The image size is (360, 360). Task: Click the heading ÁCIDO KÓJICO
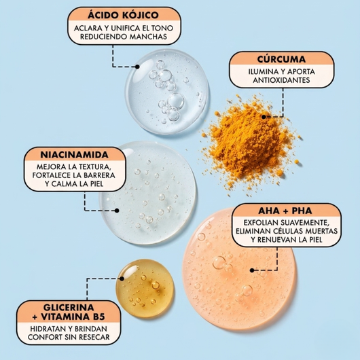[123, 15]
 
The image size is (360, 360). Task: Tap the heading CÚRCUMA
[281, 59]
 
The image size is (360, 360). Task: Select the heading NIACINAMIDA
[75, 154]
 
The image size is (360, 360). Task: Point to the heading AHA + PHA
[285, 211]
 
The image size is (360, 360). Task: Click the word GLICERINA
[69, 307]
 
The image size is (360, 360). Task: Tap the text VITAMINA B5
[73, 317]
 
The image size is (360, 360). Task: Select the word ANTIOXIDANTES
[281, 80]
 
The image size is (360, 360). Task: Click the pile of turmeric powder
[251, 145]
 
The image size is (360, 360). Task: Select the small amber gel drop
[145, 289]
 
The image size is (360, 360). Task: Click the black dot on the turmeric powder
[264, 117]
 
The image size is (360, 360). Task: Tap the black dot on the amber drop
[122, 278]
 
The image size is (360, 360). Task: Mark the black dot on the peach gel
[252, 270]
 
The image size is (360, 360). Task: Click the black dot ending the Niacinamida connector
[117, 211]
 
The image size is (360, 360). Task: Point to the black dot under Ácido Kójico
[137, 67]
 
